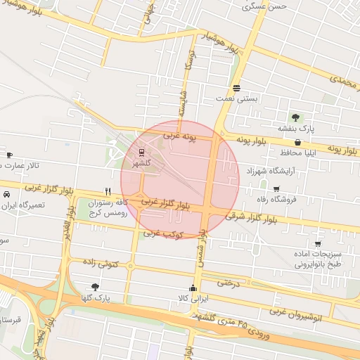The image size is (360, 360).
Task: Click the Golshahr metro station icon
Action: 142,152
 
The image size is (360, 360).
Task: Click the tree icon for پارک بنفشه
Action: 295,117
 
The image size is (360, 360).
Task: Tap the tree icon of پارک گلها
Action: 95,287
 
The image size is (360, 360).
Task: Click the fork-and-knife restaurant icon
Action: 108,191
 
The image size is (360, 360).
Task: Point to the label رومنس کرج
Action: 108,211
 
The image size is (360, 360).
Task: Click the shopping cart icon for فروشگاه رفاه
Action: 276,188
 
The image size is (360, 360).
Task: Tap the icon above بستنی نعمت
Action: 237,89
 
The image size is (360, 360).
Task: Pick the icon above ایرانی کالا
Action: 193,288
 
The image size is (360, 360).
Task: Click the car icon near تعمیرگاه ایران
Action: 6,194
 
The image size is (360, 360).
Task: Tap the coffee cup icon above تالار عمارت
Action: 9,155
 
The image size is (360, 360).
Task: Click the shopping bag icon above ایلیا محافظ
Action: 298,141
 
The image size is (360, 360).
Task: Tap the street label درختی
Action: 229,283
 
